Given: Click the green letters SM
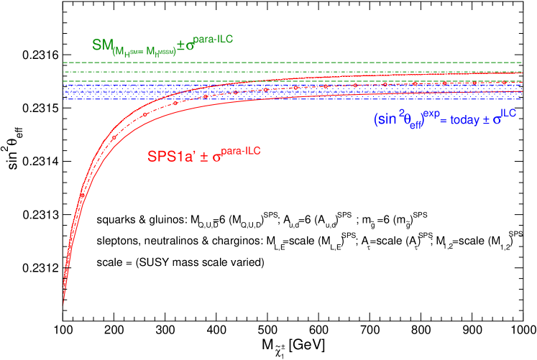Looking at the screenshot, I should click(101, 45).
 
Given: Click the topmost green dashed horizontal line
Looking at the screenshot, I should click(288, 63).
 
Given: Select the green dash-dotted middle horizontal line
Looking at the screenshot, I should click(288, 72).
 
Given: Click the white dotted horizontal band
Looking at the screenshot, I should click(288, 92).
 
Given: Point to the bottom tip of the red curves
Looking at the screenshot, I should click(64, 303).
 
